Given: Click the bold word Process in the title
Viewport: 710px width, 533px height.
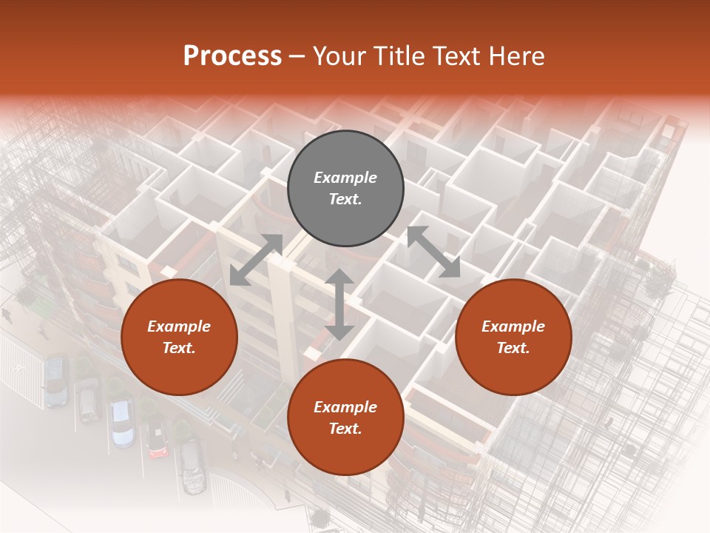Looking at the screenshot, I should [232, 56].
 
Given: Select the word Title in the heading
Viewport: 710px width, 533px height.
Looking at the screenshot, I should [400, 56].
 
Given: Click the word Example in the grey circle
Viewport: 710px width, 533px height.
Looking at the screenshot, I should [345, 178].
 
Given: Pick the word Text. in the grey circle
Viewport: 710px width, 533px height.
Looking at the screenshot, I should [345, 199].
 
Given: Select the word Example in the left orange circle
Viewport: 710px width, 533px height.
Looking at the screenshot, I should [179, 326].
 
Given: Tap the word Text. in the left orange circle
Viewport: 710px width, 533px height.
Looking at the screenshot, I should [179, 348].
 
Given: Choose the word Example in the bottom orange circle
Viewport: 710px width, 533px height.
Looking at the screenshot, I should [345, 407].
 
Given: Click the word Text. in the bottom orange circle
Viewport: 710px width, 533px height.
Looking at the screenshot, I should [345, 429].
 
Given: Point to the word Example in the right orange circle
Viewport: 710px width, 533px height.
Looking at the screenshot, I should [513, 326].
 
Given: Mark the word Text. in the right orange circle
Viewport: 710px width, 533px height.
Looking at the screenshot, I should [513, 348].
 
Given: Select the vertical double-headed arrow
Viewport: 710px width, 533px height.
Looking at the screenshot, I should [339, 305].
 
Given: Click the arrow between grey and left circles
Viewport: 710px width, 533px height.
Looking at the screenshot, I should [256, 259].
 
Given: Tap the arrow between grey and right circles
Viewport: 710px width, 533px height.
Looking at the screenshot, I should [433, 252].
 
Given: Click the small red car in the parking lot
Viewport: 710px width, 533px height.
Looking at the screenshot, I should [156, 440].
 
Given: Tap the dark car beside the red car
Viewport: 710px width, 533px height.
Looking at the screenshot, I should [192, 466].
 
